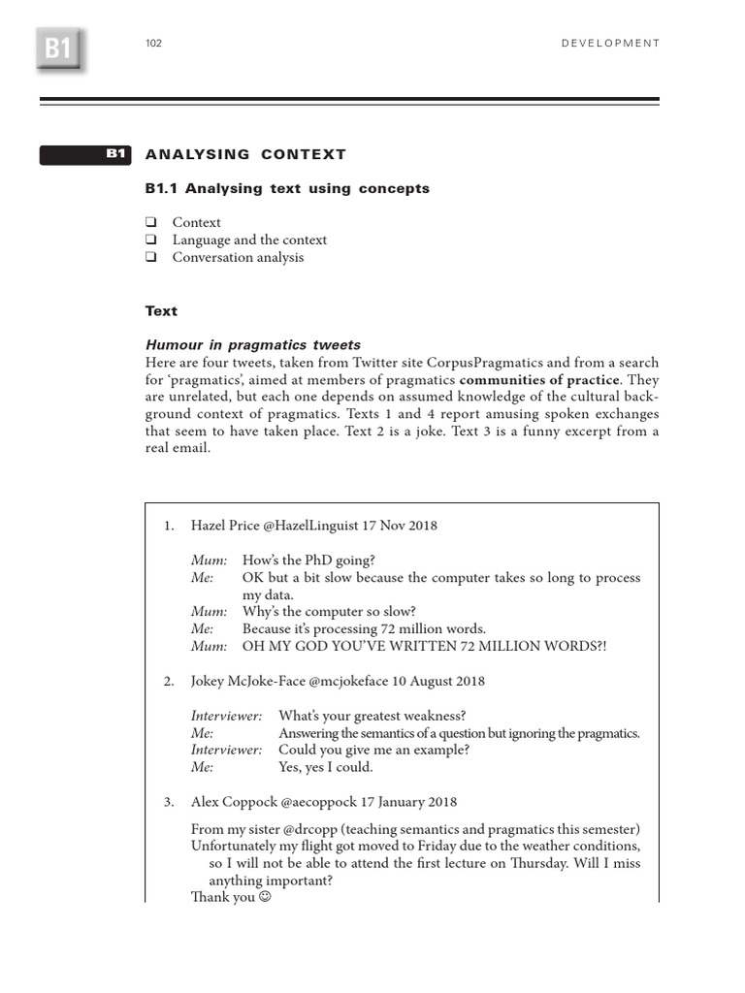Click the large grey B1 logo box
point(58,48)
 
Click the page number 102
point(153,44)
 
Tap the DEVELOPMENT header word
point(610,44)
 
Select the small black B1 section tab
point(86,154)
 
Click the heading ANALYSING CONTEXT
point(245,154)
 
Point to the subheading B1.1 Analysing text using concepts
point(287,188)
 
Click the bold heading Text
point(161,311)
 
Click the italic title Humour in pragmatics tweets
point(252,345)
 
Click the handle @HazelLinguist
point(310,526)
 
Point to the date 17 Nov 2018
point(400,526)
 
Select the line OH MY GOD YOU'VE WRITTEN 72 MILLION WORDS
point(424,647)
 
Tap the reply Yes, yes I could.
point(325,767)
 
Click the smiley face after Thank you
point(264,897)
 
